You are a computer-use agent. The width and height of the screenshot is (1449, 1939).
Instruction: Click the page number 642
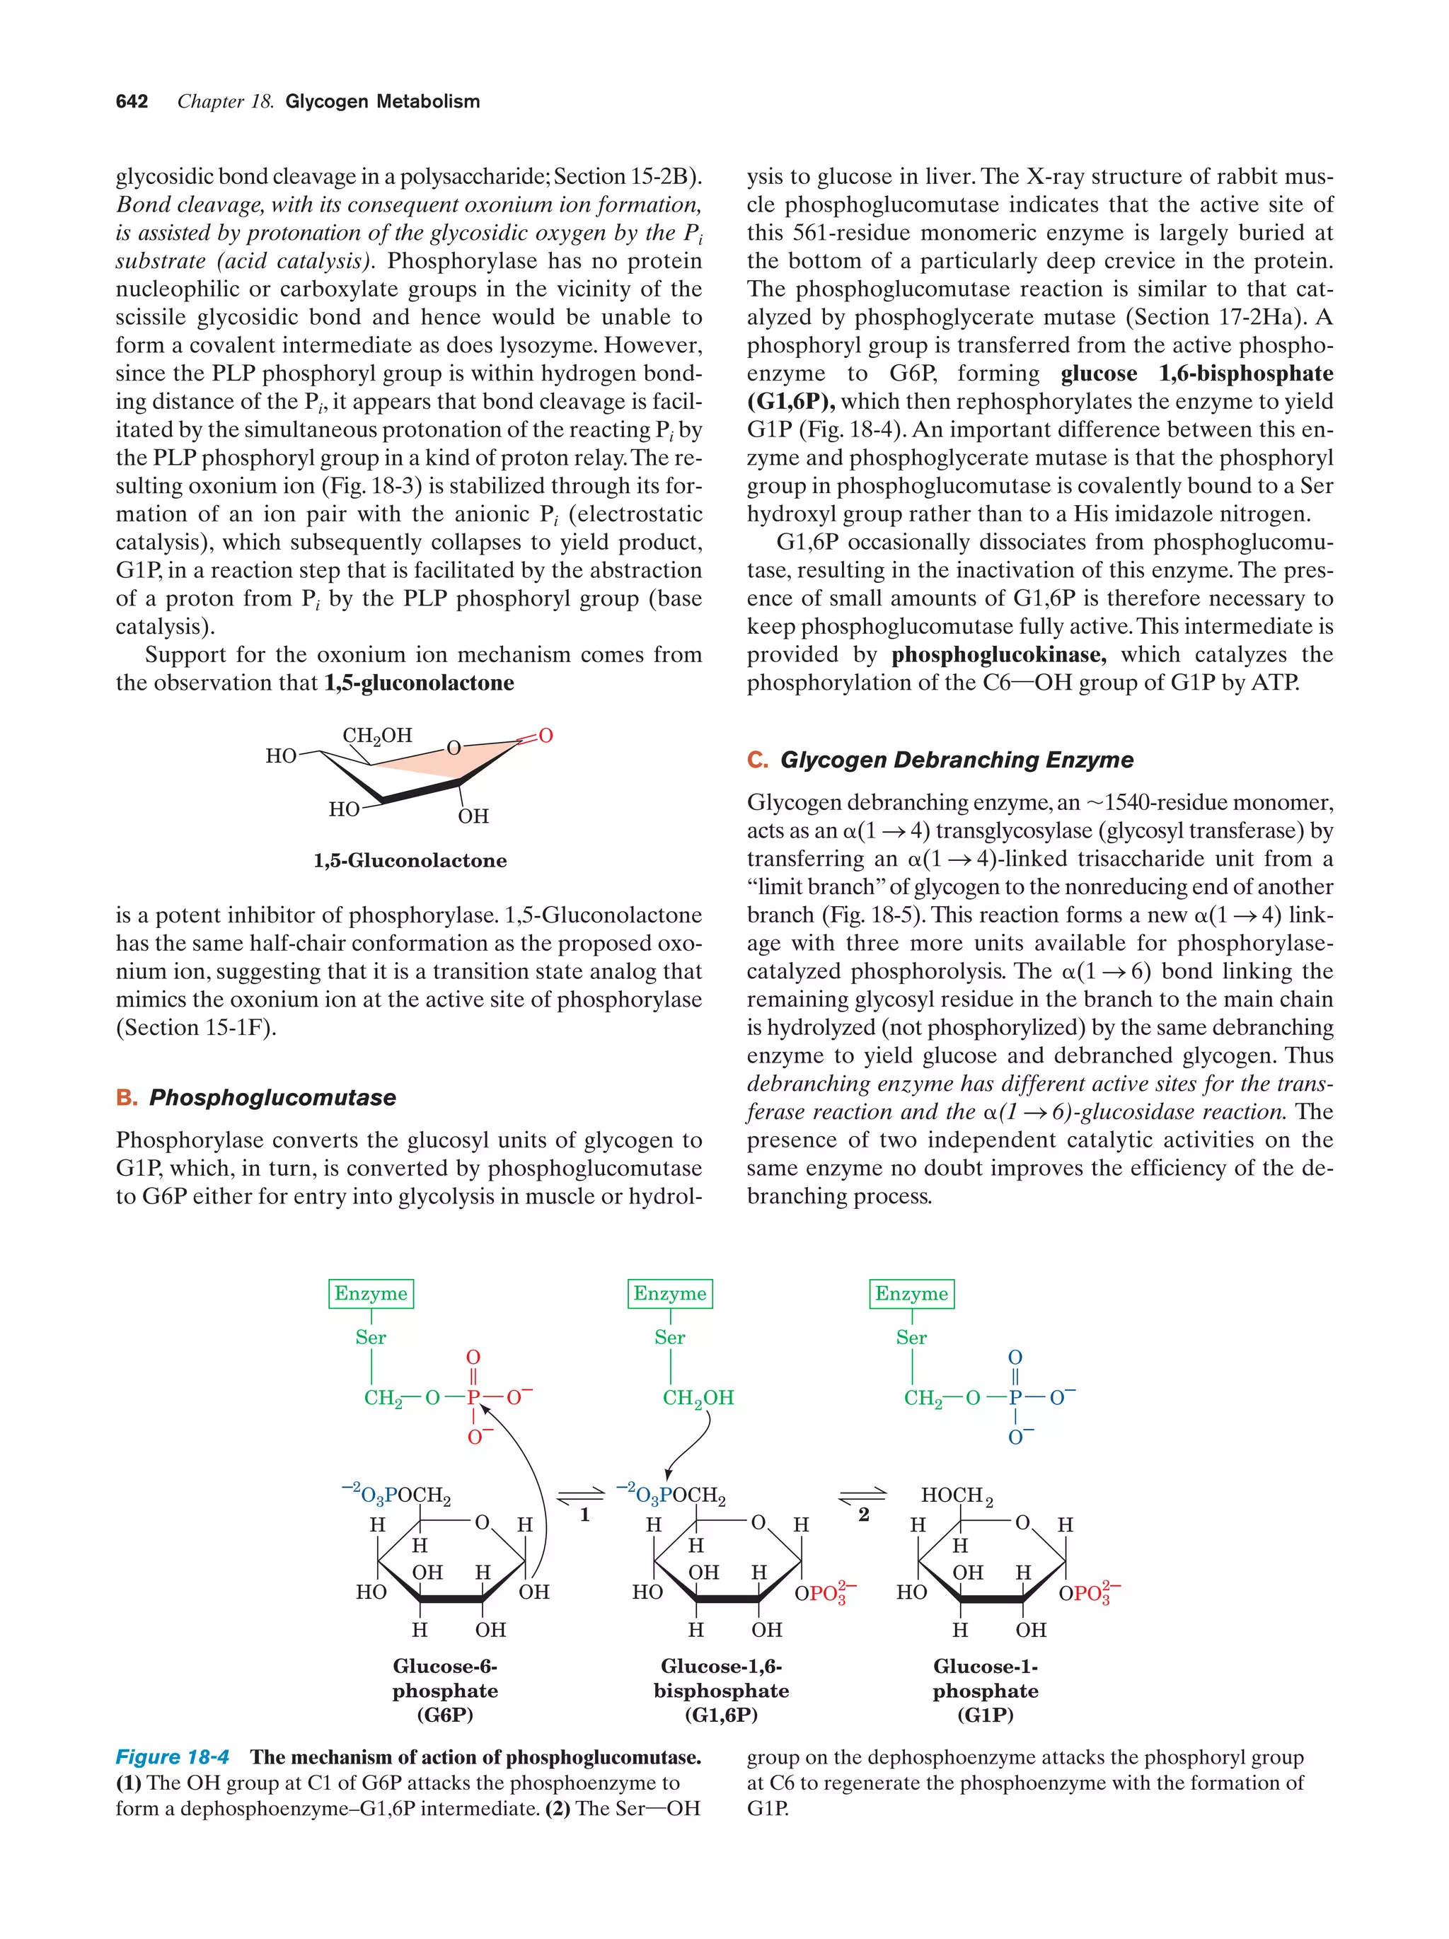132,102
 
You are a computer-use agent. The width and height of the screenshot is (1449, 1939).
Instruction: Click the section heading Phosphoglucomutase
272,1097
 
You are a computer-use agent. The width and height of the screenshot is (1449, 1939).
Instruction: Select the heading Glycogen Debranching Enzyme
957,760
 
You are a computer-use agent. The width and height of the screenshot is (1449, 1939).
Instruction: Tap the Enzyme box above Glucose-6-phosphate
371,1294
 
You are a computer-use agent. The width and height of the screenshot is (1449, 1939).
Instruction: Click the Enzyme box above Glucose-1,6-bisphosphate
670,1294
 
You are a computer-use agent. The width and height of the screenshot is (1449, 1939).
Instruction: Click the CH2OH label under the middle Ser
698,1398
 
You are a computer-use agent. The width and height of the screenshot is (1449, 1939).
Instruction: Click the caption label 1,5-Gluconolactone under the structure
410,861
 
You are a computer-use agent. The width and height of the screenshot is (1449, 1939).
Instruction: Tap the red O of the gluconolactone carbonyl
545,736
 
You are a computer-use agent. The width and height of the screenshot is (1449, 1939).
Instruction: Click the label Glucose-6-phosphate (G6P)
444,1690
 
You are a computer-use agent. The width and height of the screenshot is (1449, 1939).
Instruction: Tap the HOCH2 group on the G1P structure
957,1495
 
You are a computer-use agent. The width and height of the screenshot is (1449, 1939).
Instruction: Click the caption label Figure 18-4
172,1757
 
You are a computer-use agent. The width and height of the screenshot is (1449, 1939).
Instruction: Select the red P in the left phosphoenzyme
473,1397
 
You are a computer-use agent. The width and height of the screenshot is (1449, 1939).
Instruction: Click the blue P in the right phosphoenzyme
1015,1397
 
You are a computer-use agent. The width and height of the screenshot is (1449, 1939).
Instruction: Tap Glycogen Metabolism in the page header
382,102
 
